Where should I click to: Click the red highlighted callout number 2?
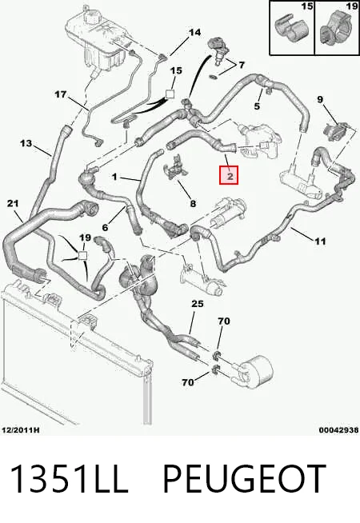pos(229,175)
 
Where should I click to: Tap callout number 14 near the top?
pos(195,32)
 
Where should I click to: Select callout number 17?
pos(61,94)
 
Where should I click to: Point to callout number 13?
pos(26,143)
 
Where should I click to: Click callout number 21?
pos(13,203)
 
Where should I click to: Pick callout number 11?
pos(320,241)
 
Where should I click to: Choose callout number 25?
pos(198,304)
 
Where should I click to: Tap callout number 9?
pos(320,99)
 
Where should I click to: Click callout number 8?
pos(193,203)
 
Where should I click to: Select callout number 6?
pos(105,227)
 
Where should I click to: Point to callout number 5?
pos(257,106)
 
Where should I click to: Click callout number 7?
pos(242,65)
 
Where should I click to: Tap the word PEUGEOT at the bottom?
pos(244,479)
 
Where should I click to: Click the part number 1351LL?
pos(70,479)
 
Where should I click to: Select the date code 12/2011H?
pos(20,430)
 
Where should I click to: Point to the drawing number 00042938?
pos(338,430)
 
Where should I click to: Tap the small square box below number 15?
pos(170,94)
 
